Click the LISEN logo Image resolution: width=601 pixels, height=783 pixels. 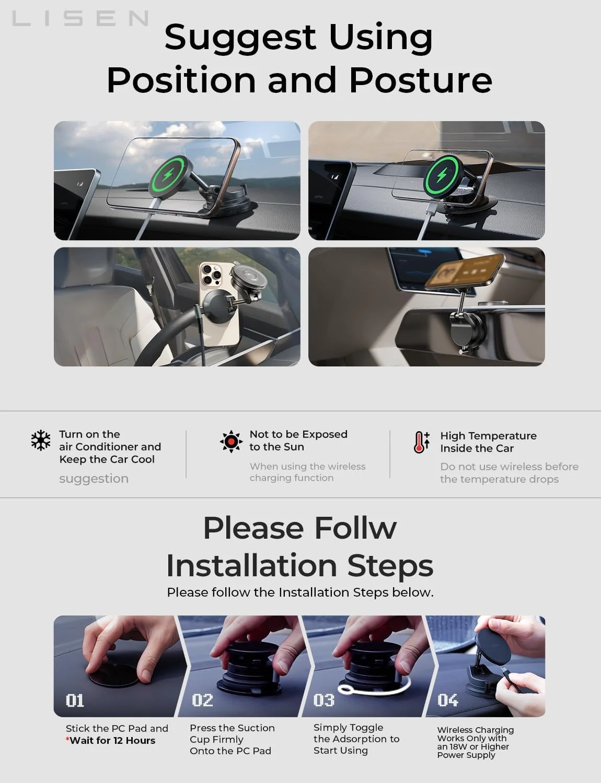80,19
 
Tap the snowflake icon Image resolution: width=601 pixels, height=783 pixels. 41,441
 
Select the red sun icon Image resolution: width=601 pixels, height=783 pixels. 231,442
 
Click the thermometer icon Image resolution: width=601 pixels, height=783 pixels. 421,442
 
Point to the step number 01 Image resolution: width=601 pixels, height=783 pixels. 75,700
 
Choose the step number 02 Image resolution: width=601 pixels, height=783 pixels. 202,700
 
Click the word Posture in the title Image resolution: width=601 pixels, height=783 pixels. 420,80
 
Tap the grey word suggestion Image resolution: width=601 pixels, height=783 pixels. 94,479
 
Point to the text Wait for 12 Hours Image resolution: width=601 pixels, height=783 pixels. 112,740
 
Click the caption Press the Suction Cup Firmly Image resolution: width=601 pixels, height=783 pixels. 232,733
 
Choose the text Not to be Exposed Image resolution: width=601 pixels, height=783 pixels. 298,434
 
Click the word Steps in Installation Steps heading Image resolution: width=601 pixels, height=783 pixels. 390,566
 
